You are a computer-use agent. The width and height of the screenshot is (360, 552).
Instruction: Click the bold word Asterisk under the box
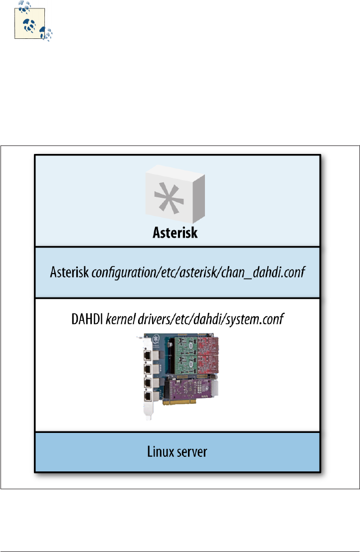pos(175,233)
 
